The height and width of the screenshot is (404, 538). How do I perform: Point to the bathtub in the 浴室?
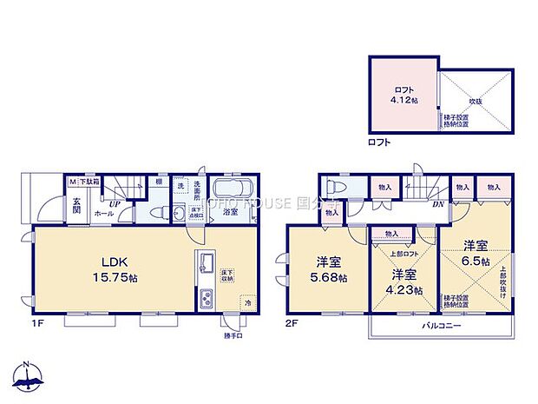coord(231,190)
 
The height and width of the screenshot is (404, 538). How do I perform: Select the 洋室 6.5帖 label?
coord(476,254)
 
